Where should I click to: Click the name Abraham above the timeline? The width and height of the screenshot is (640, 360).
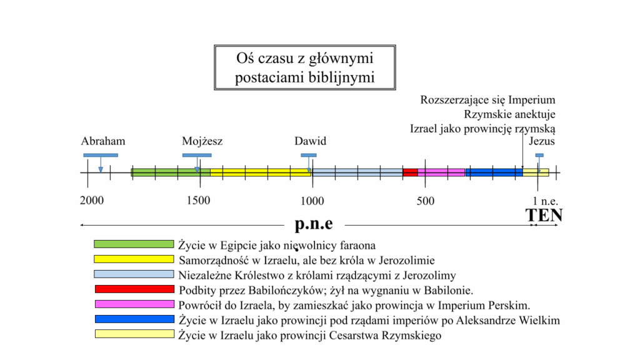coord(103,141)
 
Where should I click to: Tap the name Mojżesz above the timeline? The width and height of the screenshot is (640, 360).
coord(202,141)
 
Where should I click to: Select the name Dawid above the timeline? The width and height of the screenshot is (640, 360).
coord(310,141)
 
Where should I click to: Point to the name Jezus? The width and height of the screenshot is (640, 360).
coord(542,141)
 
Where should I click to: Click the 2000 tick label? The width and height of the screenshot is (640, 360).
coord(92,201)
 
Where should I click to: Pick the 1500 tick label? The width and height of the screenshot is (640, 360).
coord(198,201)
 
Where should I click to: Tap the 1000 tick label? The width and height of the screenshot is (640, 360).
coord(312,201)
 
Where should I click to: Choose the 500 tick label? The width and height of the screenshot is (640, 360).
coord(425,201)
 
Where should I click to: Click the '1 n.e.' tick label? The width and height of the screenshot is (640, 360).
coord(545,201)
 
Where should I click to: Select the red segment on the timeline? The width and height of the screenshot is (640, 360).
coord(410,172)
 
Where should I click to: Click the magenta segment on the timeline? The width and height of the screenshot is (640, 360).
coord(441,172)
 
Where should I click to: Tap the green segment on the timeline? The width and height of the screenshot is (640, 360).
coord(171,172)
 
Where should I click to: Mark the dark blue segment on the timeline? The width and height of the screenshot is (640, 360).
coord(494,172)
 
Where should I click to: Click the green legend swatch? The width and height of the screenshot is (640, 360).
coord(134,244)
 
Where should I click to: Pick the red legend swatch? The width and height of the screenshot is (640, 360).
coord(135,289)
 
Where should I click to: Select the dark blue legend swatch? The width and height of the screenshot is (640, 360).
coord(135,319)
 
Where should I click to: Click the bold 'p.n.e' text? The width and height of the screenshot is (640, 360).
coord(314,224)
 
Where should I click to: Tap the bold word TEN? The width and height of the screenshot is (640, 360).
coord(544,215)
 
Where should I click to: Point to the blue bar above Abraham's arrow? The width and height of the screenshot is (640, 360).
coord(101,155)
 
